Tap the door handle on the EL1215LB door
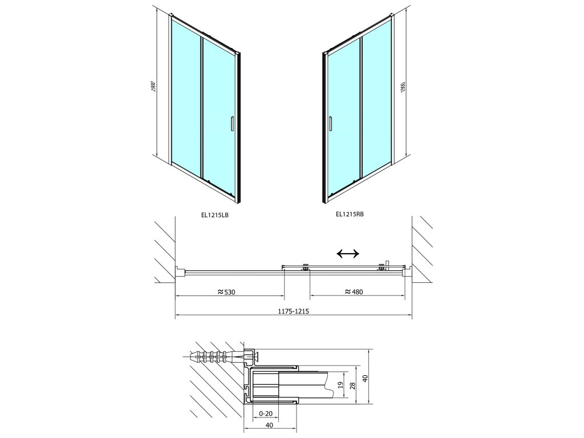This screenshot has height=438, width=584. [x=232, y=124]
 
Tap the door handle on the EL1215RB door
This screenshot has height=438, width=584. [x=329, y=124]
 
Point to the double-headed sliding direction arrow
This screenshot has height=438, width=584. [x=348, y=254]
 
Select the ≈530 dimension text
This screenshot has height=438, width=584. [x=226, y=292]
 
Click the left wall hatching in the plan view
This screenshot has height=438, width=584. [x=164, y=251]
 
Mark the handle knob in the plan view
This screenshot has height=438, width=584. [x=387, y=262]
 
